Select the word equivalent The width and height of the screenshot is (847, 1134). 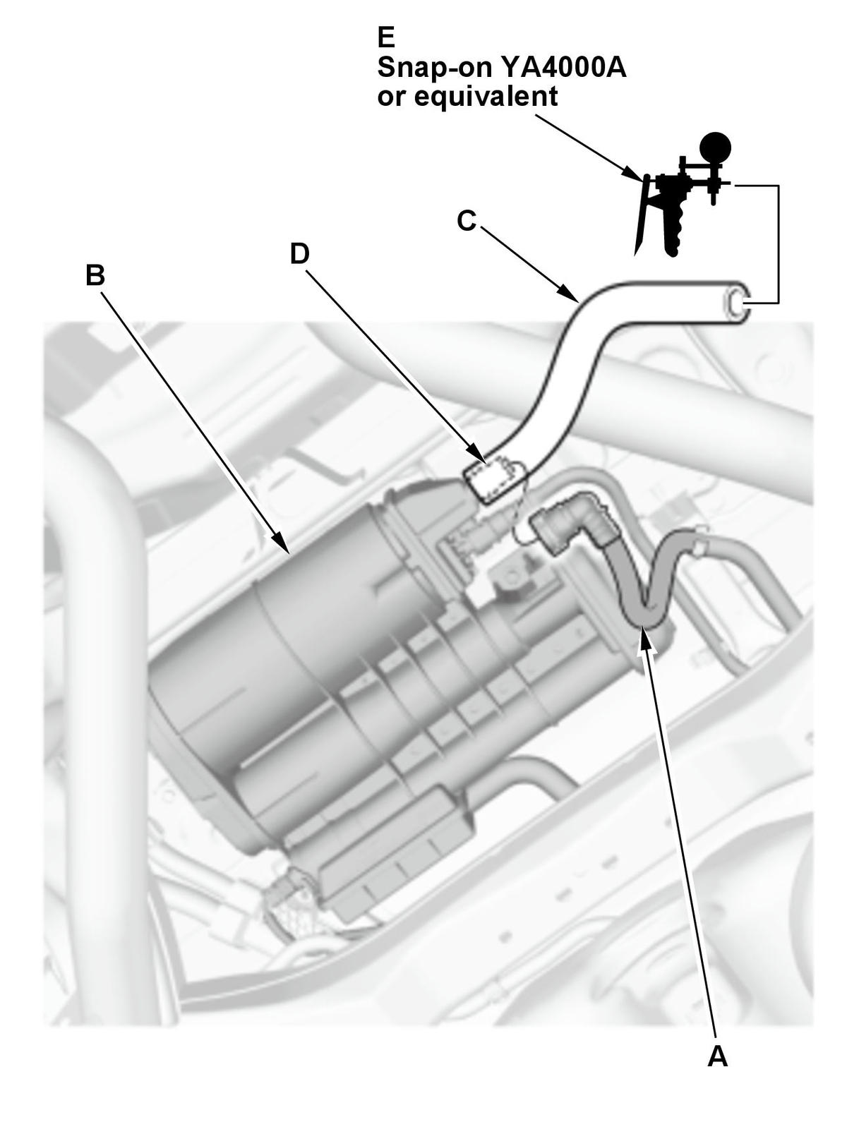click(486, 96)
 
